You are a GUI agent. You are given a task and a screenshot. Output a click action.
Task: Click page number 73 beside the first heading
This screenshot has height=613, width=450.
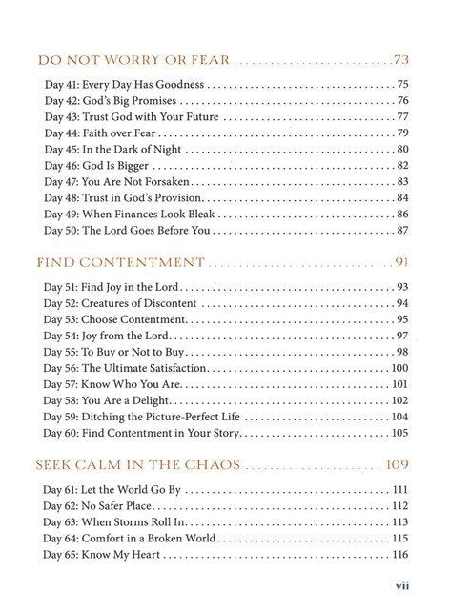[401, 62]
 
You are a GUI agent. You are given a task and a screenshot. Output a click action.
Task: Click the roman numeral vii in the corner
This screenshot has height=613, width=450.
[402, 588]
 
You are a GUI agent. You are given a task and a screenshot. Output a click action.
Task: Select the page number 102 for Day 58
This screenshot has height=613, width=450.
[399, 401]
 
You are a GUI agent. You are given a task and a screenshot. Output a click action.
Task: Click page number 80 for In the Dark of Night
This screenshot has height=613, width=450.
[402, 150]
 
